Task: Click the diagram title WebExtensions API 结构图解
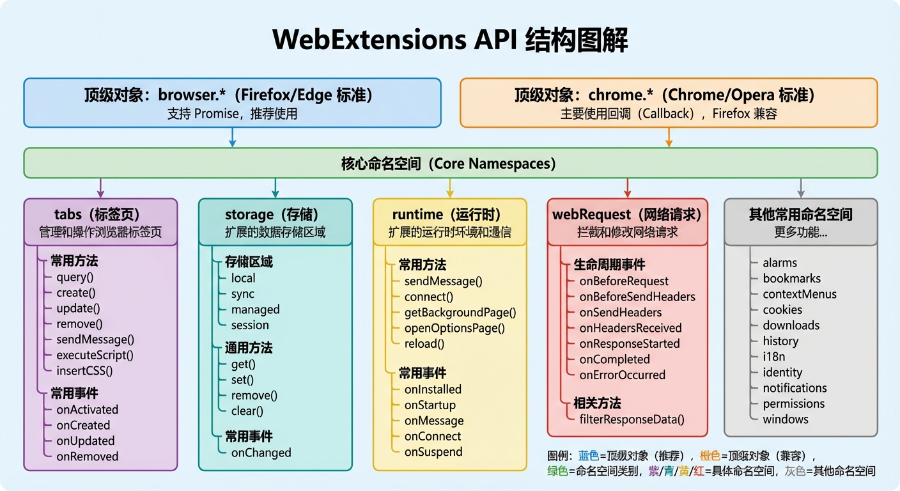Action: [x=450, y=40]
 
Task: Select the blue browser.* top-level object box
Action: [x=232, y=103]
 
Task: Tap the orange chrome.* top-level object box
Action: [x=669, y=103]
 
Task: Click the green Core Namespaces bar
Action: [x=450, y=164]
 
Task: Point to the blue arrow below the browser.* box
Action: [x=232, y=137]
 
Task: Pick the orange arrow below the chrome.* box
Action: [x=669, y=137]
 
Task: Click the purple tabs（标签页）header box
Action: [x=100, y=222]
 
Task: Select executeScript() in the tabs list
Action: [x=95, y=355]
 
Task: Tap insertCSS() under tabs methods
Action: [x=84, y=371]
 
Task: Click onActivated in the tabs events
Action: [x=87, y=410]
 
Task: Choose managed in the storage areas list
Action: [x=255, y=309]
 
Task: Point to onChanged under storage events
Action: [x=261, y=453]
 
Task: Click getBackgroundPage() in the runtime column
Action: [x=460, y=313]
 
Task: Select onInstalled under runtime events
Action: [x=433, y=389]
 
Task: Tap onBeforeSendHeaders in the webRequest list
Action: [x=637, y=297]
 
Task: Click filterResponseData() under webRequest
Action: [x=632, y=419]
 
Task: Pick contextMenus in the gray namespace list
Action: [x=799, y=294]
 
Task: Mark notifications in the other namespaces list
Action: [x=795, y=388]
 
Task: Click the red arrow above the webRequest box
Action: [x=627, y=188]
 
